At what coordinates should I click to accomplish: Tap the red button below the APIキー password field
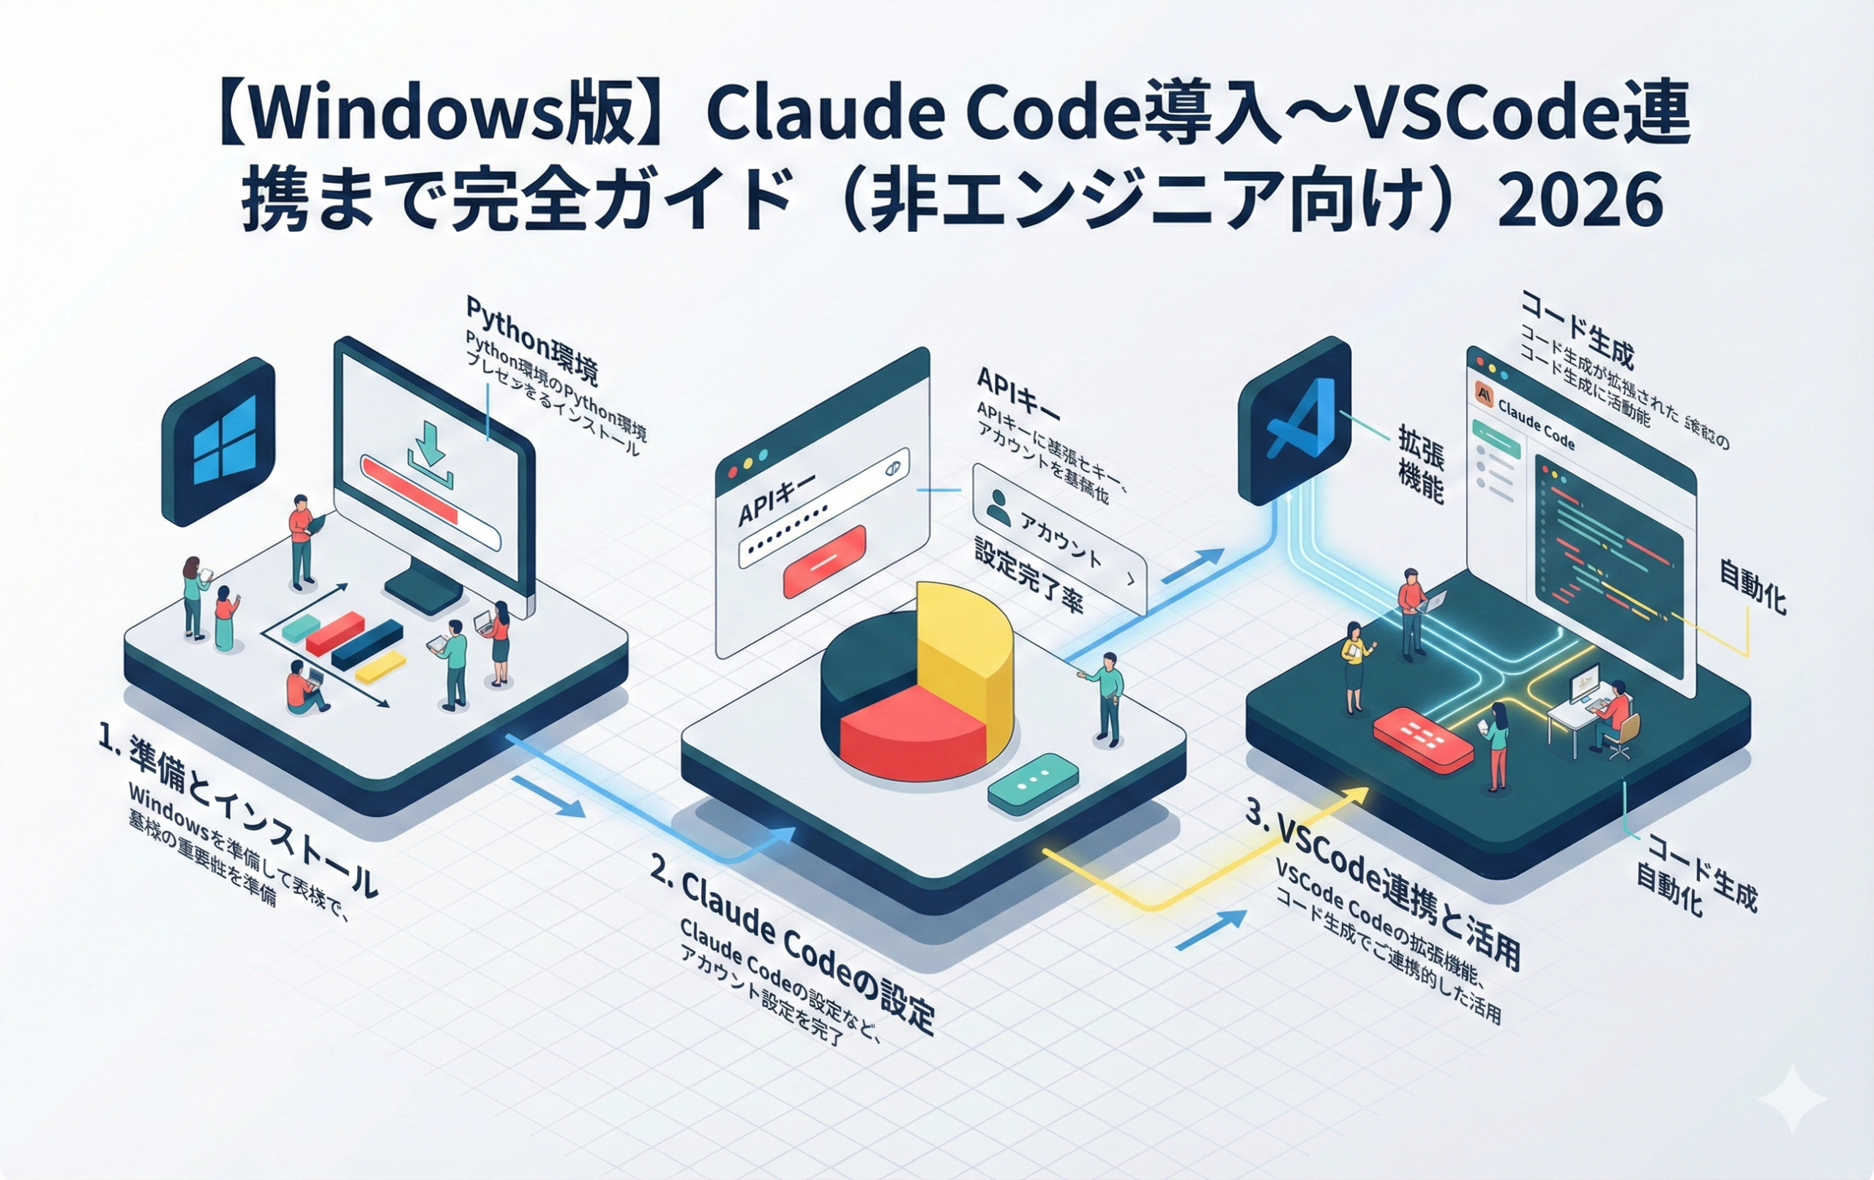[x=824, y=561]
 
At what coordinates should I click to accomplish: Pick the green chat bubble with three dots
[x=1034, y=783]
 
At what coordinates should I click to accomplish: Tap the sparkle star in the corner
[x=1792, y=1098]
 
